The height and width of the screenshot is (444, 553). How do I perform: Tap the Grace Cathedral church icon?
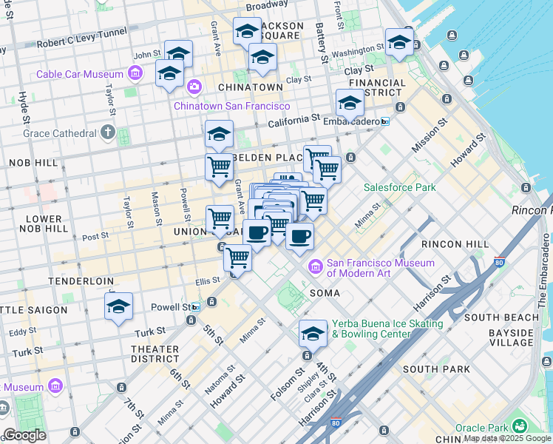107,133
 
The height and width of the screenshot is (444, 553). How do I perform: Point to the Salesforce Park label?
400,187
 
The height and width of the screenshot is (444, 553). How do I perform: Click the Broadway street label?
266,6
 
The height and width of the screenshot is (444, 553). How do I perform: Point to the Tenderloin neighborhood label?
81,281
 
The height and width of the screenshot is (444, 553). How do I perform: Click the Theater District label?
155,354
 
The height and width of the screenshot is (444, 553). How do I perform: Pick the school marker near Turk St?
118,306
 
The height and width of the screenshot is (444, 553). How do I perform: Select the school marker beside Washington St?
398,41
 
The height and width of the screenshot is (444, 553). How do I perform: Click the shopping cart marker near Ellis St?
237,258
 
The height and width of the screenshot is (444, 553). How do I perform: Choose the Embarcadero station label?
352,121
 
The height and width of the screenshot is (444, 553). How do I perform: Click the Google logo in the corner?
24,435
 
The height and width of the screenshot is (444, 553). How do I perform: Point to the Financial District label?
377,88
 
